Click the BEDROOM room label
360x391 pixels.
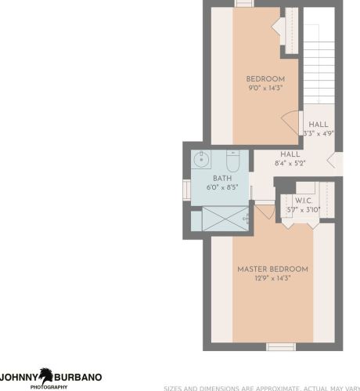[x=265, y=79]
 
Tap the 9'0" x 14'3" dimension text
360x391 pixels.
[x=265, y=89]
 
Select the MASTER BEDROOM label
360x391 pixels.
[x=272, y=269]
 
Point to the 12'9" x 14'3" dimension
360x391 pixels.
[x=272, y=278]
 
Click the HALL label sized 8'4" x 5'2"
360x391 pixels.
[x=290, y=154]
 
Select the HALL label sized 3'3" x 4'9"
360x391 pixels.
[x=318, y=125]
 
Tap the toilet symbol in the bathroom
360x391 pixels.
[x=232, y=161]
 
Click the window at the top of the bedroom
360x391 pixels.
[x=244, y=4]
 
